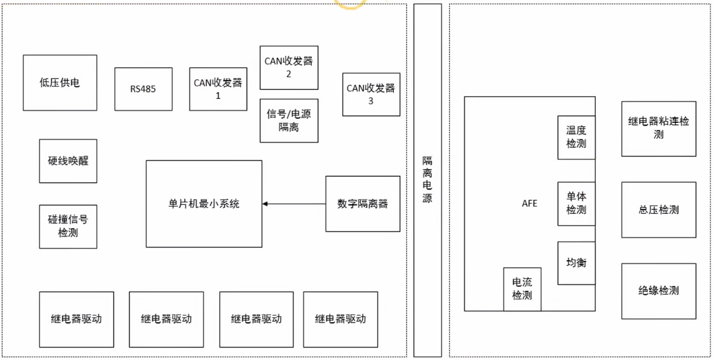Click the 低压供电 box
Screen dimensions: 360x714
point(60,83)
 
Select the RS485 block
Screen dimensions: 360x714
point(143,89)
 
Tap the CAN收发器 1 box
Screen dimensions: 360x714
point(218,89)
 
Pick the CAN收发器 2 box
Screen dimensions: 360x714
point(289,67)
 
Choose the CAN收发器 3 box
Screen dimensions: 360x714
point(371,94)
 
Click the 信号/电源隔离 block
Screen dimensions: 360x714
point(289,121)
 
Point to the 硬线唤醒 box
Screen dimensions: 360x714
point(68,161)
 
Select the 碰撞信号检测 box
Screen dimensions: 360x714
point(68,226)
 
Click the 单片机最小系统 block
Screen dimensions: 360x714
point(204,204)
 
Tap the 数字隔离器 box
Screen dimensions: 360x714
point(362,204)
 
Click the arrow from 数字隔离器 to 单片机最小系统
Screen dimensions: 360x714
point(294,204)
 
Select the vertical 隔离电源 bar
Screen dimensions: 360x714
point(428,180)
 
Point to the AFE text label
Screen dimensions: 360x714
point(529,203)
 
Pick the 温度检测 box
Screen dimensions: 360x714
point(576,137)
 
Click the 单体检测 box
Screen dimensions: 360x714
point(576,203)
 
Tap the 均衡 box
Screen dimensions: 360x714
point(576,263)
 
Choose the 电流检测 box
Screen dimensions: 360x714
point(522,289)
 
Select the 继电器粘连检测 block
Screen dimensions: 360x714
point(658,128)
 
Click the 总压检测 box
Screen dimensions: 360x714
point(658,210)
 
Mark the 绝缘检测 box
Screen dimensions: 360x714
point(658,291)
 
